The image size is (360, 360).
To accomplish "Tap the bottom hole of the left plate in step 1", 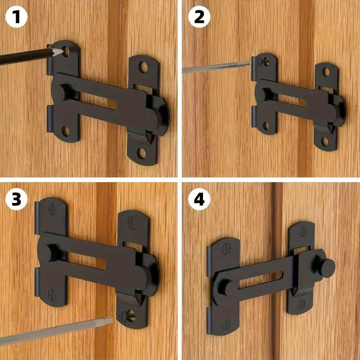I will [x=66, y=131].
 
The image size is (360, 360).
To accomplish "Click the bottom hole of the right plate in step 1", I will [x=142, y=153].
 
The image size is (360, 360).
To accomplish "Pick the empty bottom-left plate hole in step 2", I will [x=266, y=126].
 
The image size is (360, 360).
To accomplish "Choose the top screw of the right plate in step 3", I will [x=132, y=221].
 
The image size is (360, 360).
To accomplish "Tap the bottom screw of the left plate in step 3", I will [x=52, y=293].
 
